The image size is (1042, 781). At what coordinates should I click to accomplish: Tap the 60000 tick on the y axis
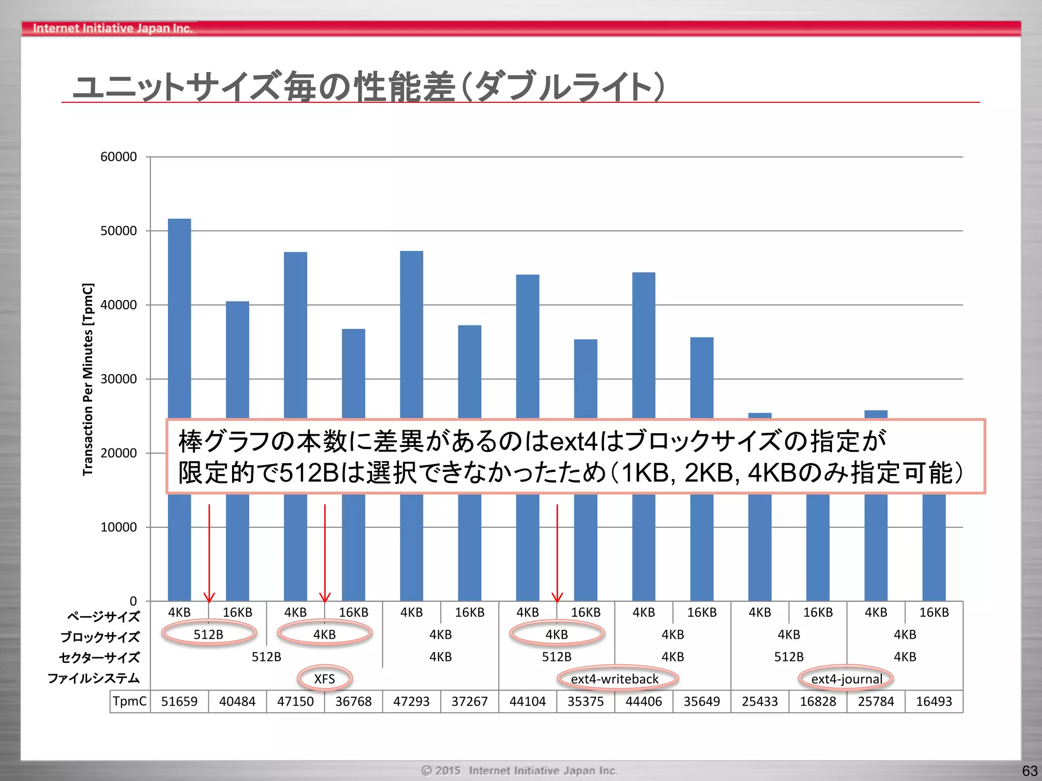(119, 157)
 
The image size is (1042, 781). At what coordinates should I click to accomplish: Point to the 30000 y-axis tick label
(119, 379)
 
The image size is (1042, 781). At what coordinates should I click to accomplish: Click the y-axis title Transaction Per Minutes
(88, 379)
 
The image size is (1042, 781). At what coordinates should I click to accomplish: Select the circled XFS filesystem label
(325, 679)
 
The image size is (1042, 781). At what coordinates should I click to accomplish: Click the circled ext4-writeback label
(615, 679)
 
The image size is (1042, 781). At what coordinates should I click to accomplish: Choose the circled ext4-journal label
(847, 679)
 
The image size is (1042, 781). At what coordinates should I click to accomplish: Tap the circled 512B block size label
(209, 635)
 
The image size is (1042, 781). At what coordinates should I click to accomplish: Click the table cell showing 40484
(237, 702)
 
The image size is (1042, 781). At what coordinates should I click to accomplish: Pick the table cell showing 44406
(644, 702)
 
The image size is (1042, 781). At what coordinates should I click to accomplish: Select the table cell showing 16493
(934, 702)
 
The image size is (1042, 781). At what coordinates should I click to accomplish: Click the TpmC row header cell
(130, 702)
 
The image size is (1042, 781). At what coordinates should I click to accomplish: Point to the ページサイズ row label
(103, 616)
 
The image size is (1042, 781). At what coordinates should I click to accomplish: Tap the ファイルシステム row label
(94, 678)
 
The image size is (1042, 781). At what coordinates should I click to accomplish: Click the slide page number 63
(1029, 771)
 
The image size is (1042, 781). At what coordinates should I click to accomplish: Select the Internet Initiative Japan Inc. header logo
(112, 28)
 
